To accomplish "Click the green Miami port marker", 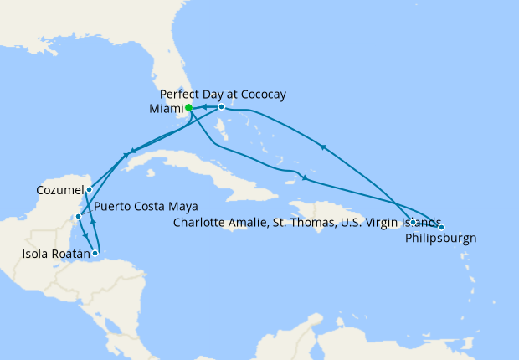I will (189, 107).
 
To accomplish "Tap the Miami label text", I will (164, 107).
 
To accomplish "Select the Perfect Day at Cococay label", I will (222, 94).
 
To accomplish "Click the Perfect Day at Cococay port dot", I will (221, 107).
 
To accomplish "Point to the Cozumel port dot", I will (89, 190).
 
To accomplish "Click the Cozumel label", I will (60, 190).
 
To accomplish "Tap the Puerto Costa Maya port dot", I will (78, 216).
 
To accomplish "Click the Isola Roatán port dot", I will (95, 253).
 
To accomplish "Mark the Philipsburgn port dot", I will (441, 228).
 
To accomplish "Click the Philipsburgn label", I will (440, 238).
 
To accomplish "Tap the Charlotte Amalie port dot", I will (414, 222).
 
